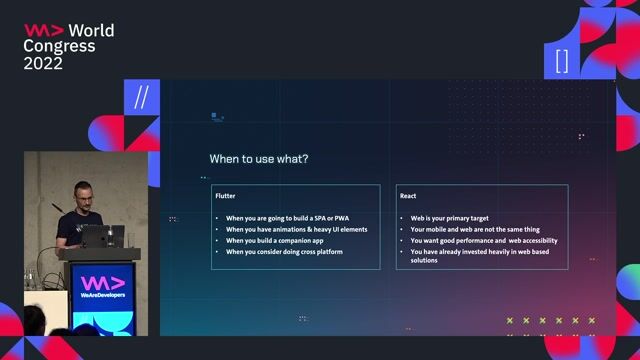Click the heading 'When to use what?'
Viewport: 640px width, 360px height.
pyautogui.click(x=258, y=158)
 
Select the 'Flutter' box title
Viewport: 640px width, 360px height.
pyautogui.click(x=226, y=196)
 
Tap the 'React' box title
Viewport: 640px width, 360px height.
pyautogui.click(x=408, y=196)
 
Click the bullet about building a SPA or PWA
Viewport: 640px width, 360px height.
pyautogui.click(x=287, y=218)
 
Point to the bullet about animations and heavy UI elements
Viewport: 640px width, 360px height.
pyautogui.click(x=296, y=230)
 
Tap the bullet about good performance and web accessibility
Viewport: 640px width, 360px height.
pyautogui.click(x=484, y=241)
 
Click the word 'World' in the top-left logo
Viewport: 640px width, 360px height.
pyautogui.click(x=91, y=31)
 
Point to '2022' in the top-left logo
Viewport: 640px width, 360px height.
pyautogui.click(x=43, y=63)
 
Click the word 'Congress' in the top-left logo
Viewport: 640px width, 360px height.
pyautogui.click(x=60, y=47)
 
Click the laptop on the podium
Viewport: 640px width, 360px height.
pyautogui.click(x=102, y=236)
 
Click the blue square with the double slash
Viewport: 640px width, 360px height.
pyautogui.click(x=141, y=98)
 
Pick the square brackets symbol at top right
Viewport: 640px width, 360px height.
pyautogui.click(x=562, y=60)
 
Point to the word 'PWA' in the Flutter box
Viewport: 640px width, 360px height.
pyautogui.click(x=339, y=218)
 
